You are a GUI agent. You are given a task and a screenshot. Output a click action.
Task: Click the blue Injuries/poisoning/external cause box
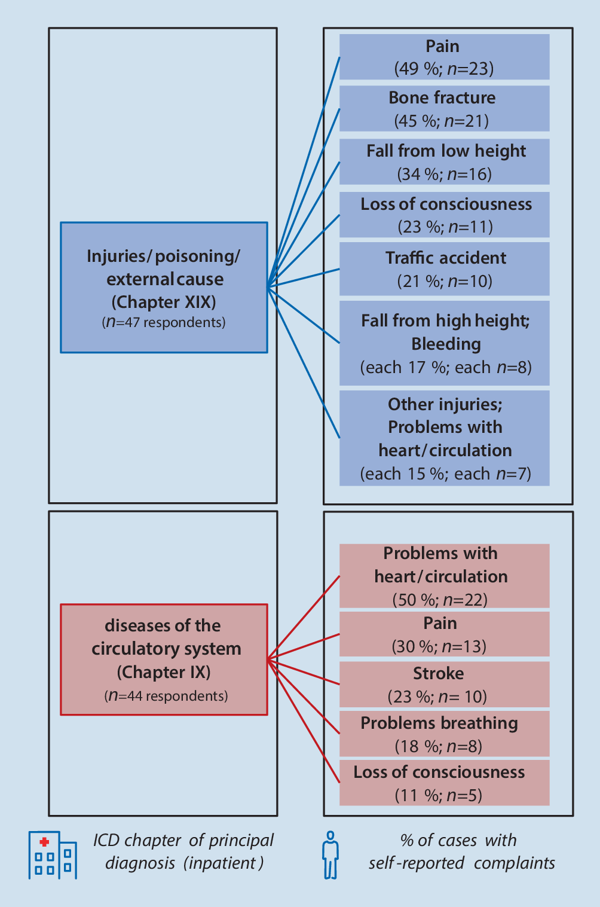(x=164, y=287)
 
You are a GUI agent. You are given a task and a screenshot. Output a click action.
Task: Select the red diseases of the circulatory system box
(x=164, y=659)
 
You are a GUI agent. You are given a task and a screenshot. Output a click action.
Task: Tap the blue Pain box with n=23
(x=444, y=57)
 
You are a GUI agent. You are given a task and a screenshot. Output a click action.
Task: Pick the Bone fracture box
(x=444, y=108)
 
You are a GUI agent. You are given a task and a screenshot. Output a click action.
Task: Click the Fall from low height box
(x=444, y=161)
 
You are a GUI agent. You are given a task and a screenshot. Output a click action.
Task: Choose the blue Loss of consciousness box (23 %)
(x=444, y=215)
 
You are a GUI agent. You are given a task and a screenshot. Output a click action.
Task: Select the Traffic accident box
(x=444, y=268)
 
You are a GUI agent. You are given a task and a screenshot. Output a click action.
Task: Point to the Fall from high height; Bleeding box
(x=444, y=343)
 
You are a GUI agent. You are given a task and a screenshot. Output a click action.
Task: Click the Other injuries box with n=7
(x=444, y=438)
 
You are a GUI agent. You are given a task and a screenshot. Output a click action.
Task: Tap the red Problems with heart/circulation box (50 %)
(x=444, y=576)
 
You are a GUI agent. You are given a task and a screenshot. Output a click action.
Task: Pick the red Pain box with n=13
(x=444, y=634)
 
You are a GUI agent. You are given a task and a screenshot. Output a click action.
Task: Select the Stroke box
(x=444, y=684)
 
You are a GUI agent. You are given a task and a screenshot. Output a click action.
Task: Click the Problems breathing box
(x=444, y=734)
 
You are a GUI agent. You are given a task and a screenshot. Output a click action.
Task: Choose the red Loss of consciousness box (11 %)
(x=444, y=783)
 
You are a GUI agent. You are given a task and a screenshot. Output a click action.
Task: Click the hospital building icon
(x=53, y=855)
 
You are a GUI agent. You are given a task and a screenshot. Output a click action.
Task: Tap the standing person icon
(x=330, y=855)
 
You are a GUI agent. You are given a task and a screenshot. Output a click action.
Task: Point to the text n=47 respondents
(x=164, y=322)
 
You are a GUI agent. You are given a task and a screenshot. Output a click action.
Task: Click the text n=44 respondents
(x=166, y=696)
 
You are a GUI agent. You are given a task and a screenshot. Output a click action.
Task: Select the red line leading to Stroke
(x=304, y=672)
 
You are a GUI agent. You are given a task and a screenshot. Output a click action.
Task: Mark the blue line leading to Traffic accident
(x=304, y=278)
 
